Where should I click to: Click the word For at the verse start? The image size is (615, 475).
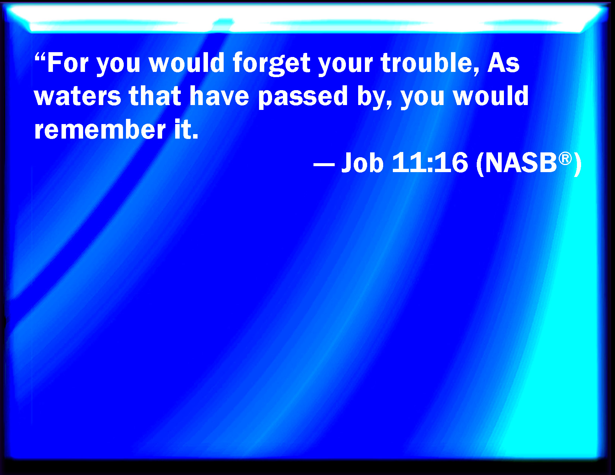[x=68, y=63]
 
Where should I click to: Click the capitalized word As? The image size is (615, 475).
[x=503, y=63]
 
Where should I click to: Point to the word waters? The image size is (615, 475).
[x=78, y=96]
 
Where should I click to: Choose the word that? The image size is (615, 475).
[x=155, y=95]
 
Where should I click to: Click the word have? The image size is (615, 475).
[x=219, y=95]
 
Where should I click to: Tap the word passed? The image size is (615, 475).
[x=303, y=97]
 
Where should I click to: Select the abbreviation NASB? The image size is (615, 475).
[x=521, y=162]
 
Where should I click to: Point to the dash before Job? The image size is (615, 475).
[x=324, y=164]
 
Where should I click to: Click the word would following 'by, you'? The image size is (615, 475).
[x=491, y=95]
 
